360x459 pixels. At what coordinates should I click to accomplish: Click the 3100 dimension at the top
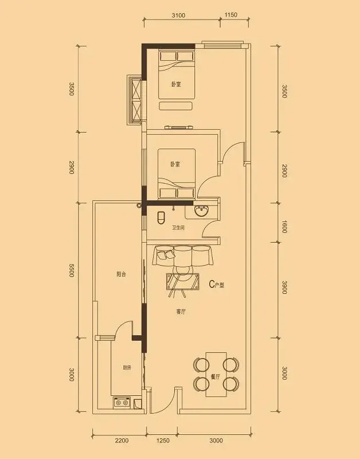pyautogui.click(x=178, y=15)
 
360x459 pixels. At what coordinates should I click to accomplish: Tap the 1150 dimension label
pyautogui.click(x=231, y=15)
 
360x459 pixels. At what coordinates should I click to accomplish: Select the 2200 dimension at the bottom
pyautogui.click(x=122, y=440)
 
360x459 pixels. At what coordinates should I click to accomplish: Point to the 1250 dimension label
pyautogui.click(x=163, y=440)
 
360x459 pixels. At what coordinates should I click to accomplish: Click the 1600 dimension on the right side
pyautogui.click(x=284, y=227)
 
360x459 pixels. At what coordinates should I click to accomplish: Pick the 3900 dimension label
pyautogui.click(x=284, y=287)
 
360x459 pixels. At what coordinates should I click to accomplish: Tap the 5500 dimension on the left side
pyautogui.click(x=71, y=270)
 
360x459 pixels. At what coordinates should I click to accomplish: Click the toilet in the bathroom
pyautogui.click(x=161, y=218)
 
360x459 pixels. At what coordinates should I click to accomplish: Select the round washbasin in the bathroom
pyautogui.click(x=201, y=211)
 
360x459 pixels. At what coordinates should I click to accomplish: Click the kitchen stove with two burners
pyautogui.click(x=122, y=403)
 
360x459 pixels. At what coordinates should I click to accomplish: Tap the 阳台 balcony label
pyautogui.click(x=121, y=275)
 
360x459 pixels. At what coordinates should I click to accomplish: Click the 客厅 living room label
pyautogui.click(x=181, y=312)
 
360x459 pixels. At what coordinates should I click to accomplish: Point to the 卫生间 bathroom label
pyautogui.click(x=178, y=227)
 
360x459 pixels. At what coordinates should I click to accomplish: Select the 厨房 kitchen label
pyautogui.click(x=127, y=368)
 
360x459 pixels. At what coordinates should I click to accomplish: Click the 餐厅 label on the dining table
pyautogui.click(x=216, y=377)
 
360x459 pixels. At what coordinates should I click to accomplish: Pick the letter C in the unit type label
pyautogui.click(x=212, y=284)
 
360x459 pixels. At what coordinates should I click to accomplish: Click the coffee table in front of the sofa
pyautogui.click(x=183, y=282)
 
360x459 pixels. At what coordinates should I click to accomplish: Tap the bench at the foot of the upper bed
pyautogui.click(x=176, y=106)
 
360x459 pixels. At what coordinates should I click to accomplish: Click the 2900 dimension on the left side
pyautogui.click(x=71, y=167)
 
